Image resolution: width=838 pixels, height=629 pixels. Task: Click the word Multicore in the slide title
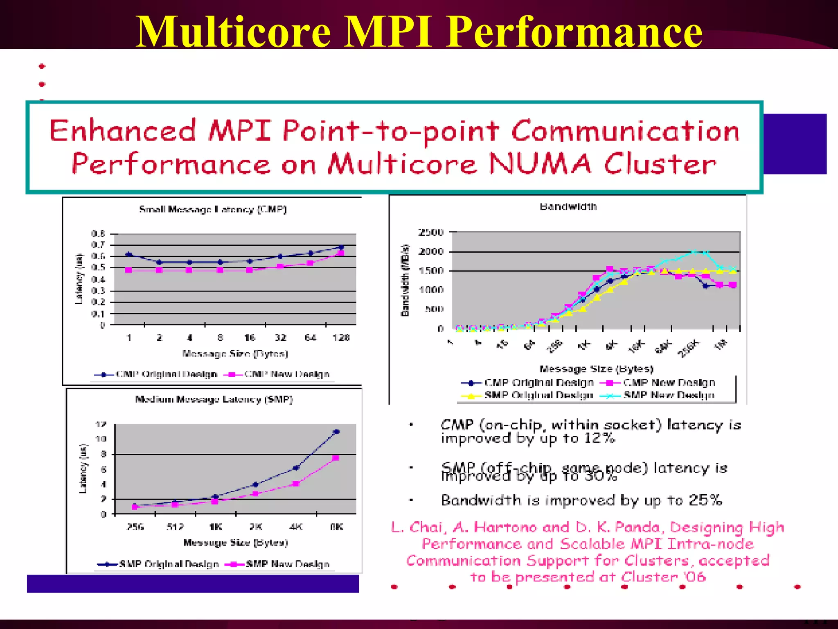pyautogui.click(x=233, y=32)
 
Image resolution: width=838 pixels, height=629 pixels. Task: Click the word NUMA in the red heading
pyautogui.click(x=540, y=164)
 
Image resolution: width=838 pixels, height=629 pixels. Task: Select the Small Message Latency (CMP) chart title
pyautogui.click(x=213, y=209)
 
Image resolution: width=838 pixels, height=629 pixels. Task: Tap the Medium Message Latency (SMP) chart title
pyautogui.click(x=214, y=399)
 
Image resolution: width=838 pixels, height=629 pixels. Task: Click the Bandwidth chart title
pyautogui.click(x=568, y=206)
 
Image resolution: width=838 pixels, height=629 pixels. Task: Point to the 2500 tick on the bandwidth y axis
pyautogui.click(x=431, y=232)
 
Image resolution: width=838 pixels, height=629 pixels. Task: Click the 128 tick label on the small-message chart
pyautogui.click(x=341, y=338)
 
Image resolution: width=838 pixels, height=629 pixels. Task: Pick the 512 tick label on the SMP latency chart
pyautogui.click(x=175, y=527)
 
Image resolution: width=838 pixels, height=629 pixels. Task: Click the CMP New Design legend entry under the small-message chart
pyautogui.click(x=286, y=374)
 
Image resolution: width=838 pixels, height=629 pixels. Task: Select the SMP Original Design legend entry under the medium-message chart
pyautogui.click(x=169, y=564)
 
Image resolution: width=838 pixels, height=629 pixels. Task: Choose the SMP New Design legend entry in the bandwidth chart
pyautogui.click(x=669, y=395)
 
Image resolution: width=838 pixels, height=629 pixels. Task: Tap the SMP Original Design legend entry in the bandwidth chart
pyautogui.click(x=538, y=395)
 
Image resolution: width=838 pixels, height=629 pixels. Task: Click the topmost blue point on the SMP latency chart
pyautogui.click(x=336, y=432)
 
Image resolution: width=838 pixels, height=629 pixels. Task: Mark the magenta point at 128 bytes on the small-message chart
pyautogui.click(x=341, y=253)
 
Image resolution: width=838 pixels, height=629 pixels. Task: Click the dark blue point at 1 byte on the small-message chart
pyautogui.click(x=129, y=254)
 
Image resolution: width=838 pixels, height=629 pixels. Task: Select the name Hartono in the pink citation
pyautogui.click(x=505, y=527)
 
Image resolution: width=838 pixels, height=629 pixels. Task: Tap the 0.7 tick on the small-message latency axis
pyautogui.click(x=98, y=245)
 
